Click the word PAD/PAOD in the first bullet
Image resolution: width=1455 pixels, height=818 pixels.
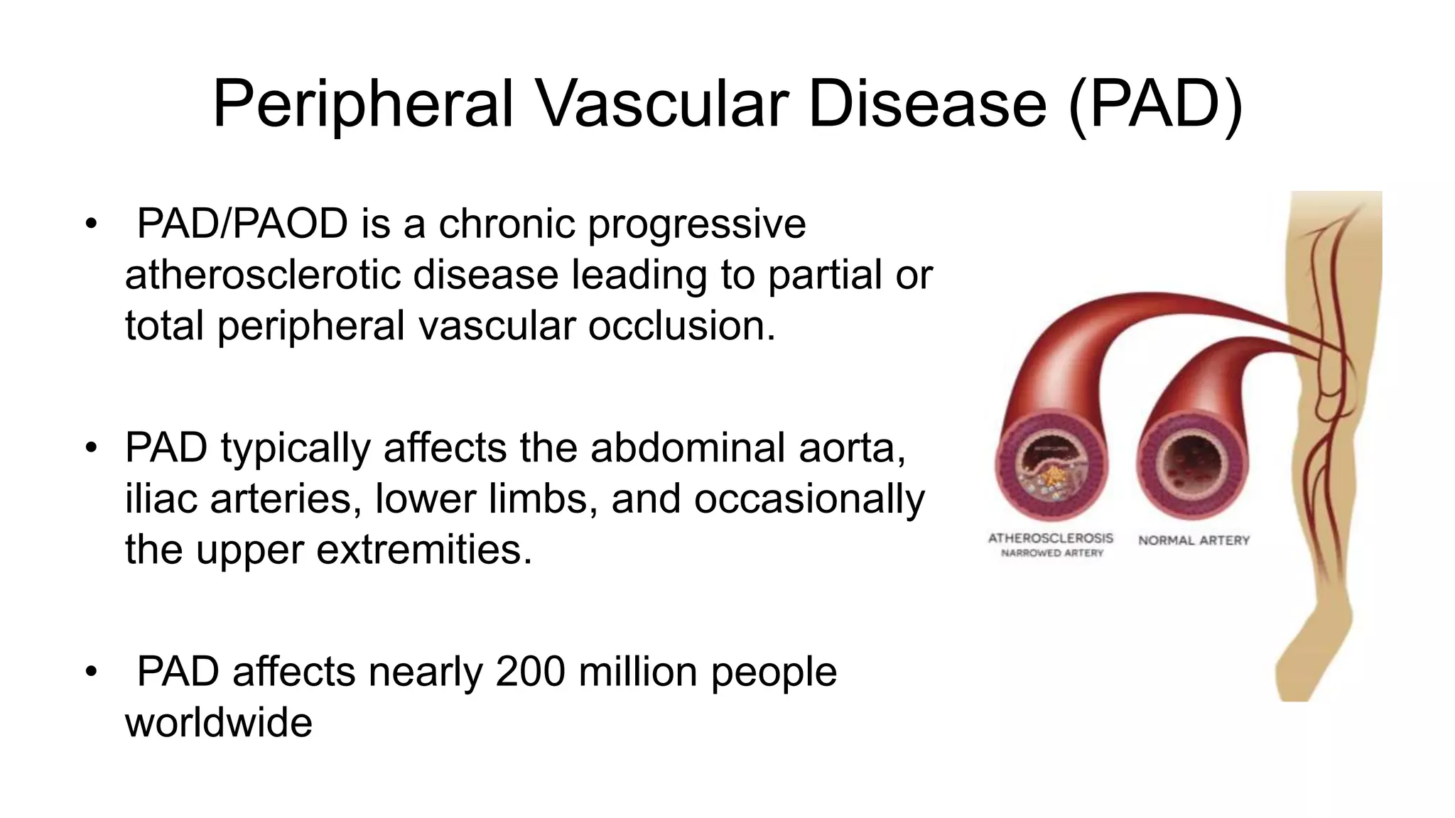242,224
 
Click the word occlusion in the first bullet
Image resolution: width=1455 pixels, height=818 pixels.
680,326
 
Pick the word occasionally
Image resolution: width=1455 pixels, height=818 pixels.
809,498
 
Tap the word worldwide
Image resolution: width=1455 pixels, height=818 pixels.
219,723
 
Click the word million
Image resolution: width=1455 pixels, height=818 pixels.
637,672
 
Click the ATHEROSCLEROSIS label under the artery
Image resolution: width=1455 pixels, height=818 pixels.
1050,538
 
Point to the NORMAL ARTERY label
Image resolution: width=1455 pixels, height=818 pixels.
1194,540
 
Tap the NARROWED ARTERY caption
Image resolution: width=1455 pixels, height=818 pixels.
1052,553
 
